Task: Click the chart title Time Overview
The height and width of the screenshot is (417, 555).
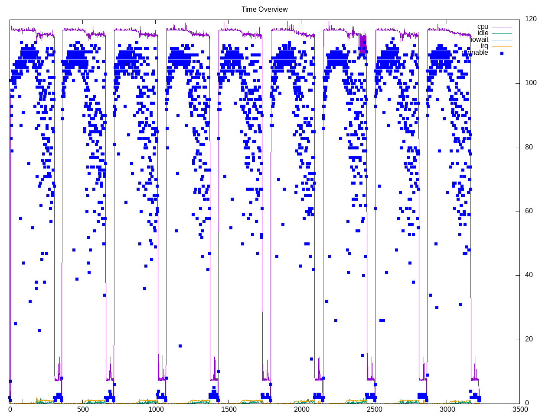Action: coord(264,10)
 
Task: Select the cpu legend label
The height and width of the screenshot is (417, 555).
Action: coord(483,26)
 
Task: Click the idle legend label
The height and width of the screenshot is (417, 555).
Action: coord(483,33)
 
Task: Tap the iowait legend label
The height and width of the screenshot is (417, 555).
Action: coord(480,40)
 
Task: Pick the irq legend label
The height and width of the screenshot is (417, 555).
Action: coord(484,46)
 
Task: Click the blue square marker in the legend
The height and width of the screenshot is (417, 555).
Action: coord(502,53)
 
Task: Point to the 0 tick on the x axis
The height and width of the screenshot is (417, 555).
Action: coord(10,410)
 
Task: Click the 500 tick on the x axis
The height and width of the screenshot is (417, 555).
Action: coord(83,410)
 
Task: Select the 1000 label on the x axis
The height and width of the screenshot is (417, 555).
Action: coord(156,410)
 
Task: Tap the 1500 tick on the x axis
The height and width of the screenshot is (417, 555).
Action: coord(229,410)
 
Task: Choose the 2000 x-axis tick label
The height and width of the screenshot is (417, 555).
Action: coord(301,410)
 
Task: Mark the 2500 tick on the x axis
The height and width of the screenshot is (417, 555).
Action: coord(374,410)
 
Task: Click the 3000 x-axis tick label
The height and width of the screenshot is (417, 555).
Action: coord(447,410)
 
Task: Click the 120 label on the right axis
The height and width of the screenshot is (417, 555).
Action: coord(530,19)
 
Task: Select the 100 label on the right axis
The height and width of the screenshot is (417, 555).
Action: coord(530,83)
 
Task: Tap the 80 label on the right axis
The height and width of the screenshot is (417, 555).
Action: coord(529,147)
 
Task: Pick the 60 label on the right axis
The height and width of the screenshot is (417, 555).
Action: coord(529,211)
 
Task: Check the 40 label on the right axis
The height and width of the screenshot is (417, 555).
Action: coord(529,275)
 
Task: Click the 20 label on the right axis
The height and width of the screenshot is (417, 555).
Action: coord(529,339)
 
